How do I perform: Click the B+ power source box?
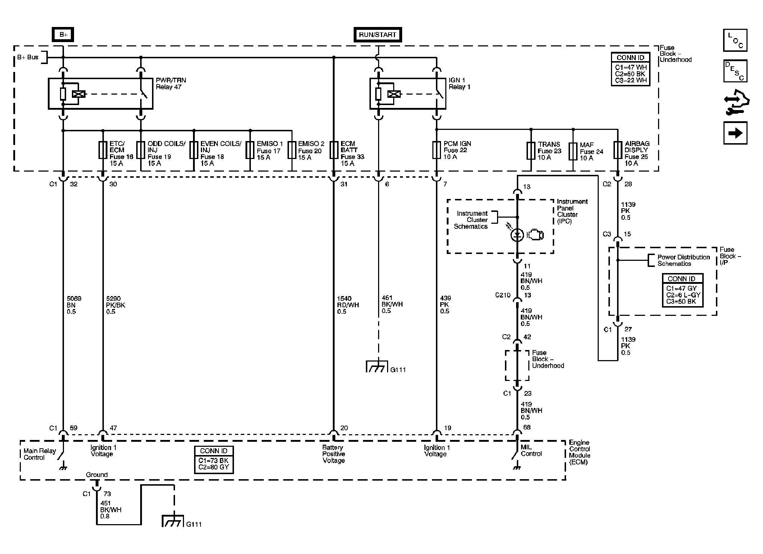pyautogui.click(x=63, y=35)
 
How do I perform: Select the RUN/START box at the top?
pyautogui.click(x=377, y=35)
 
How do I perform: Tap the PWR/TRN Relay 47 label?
pyautogui.click(x=171, y=83)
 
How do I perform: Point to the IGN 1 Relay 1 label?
pyautogui.click(x=459, y=83)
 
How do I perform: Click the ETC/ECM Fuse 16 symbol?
pyautogui.click(x=103, y=150)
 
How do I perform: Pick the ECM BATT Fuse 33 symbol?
pyautogui.click(x=334, y=150)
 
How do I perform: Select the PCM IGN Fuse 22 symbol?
pyautogui.click(x=437, y=150)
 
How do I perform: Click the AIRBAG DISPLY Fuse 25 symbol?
pyautogui.click(x=617, y=150)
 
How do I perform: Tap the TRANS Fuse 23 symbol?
pyautogui.click(x=531, y=150)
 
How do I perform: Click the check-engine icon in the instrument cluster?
pyautogui.click(x=536, y=235)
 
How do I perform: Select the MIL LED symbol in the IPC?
pyautogui.click(x=517, y=235)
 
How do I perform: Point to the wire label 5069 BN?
pyautogui.click(x=74, y=305)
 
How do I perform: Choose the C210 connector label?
pyautogui.click(x=503, y=295)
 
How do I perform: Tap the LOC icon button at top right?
pyautogui.click(x=735, y=40)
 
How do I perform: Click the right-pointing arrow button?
pyautogui.click(x=735, y=133)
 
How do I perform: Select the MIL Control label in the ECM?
pyautogui.click(x=531, y=450)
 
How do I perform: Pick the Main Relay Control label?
pyautogui.click(x=40, y=454)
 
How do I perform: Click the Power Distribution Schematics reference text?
pyautogui.click(x=684, y=260)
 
